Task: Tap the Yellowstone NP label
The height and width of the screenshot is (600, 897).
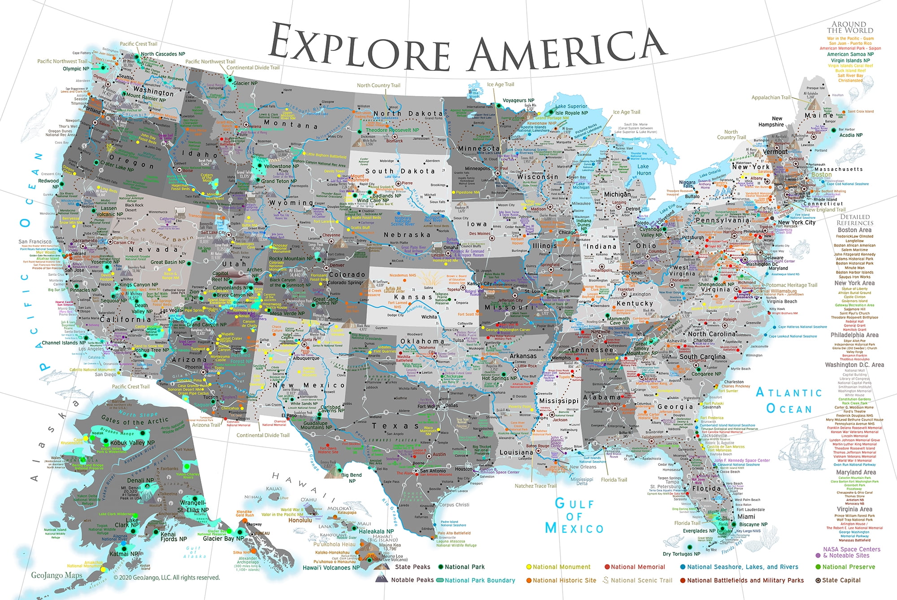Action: (x=281, y=166)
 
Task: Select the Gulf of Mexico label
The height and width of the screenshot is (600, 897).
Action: (x=574, y=516)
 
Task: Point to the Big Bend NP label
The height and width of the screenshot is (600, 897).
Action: (x=352, y=478)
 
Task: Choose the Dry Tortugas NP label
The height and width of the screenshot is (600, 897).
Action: (x=681, y=554)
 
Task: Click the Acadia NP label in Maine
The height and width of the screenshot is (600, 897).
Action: (x=850, y=135)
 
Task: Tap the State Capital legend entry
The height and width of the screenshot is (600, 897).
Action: (x=841, y=580)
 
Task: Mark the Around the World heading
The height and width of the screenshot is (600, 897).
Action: (x=849, y=27)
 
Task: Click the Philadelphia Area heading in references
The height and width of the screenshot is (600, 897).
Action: (x=854, y=335)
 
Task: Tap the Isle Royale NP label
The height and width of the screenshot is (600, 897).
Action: (x=571, y=113)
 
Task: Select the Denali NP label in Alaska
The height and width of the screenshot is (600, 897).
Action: (x=140, y=480)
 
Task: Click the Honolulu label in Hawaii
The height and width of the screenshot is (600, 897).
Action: (x=300, y=521)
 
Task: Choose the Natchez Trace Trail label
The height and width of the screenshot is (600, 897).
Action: (x=535, y=486)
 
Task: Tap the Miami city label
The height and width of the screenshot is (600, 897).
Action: (x=746, y=517)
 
